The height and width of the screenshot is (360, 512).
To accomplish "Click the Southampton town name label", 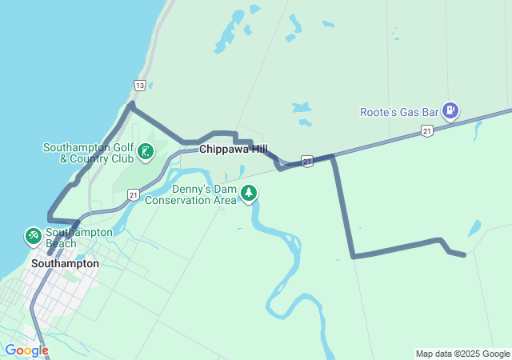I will click(65, 263).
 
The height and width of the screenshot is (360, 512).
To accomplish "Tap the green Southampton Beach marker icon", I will click(33, 236).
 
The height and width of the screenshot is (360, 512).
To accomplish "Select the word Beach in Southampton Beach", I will click(61, 243).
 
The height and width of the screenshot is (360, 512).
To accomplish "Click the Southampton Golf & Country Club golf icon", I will click(145, 150).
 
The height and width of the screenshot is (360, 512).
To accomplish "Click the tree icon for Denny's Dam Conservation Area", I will click(250, 193).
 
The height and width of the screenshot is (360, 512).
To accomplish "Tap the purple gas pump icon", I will click(450, 110).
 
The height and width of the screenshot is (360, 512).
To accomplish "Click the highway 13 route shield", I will click(140, 86).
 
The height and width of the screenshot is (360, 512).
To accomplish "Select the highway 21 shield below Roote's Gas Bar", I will click(427, 130).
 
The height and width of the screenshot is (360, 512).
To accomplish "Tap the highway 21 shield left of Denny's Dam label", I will click(134, 194).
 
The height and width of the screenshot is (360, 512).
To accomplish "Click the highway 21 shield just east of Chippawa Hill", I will click(307, 161).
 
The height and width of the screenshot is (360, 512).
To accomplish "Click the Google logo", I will click(26, 350).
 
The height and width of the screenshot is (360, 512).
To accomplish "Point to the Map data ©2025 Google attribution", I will click(462, 354).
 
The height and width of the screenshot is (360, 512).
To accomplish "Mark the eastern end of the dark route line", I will click(464, 256).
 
